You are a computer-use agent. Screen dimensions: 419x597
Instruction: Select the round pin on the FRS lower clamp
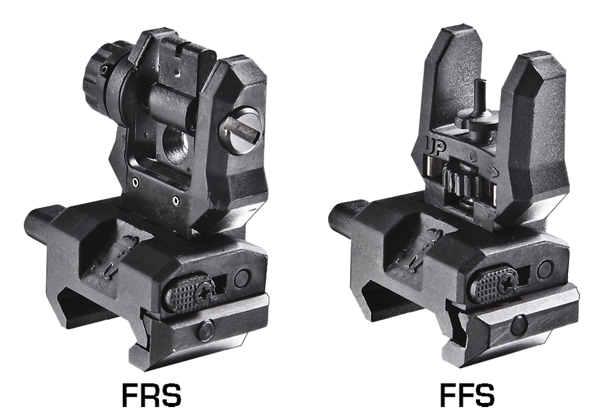(207, 329)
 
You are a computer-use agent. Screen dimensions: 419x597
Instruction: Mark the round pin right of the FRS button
(242, 277)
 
